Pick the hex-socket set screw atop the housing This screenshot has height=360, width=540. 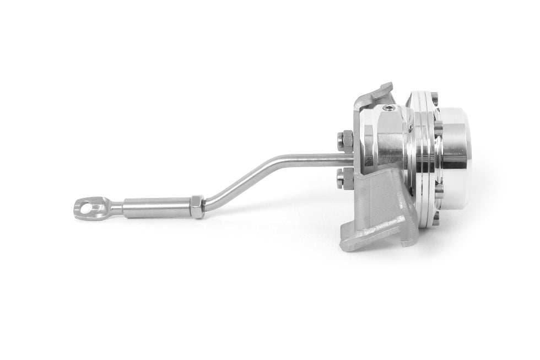[390, 108]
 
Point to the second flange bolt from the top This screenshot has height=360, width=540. [438, 128]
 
